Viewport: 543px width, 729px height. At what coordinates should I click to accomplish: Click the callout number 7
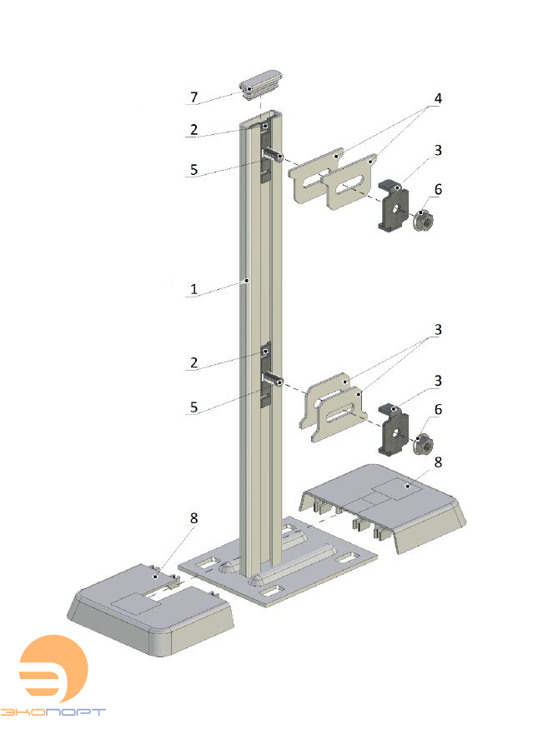(194, 97)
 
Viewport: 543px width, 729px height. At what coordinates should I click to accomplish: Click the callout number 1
(194, 289)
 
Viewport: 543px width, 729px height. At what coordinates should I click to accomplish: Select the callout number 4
(438, 98)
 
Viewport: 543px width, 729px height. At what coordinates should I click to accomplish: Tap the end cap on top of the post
(261, 84)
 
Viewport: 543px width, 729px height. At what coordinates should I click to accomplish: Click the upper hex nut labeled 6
(423, 219)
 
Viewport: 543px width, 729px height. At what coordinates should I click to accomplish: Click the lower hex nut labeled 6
(423, 443)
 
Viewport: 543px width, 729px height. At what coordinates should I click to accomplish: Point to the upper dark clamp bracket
(393, 207)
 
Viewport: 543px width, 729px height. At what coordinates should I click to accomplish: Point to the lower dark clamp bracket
(393, 429)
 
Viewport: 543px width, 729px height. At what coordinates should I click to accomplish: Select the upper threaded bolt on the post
(273, 154)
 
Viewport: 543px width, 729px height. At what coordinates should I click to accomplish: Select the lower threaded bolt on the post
(273, 379)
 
